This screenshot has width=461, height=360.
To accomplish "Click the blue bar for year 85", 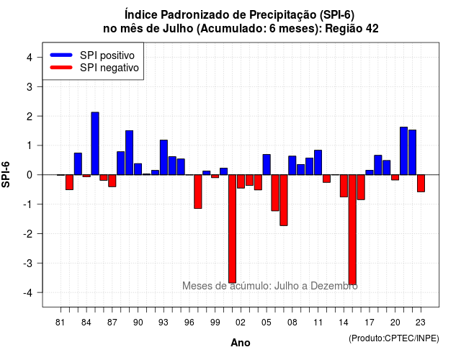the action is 95,143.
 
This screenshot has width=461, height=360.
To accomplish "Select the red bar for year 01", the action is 232,229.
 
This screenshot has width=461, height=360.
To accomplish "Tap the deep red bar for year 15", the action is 352,230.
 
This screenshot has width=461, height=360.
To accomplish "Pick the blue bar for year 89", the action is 130,153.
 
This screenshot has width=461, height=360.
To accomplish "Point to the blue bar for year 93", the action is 164,157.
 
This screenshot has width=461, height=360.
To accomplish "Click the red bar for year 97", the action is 198,192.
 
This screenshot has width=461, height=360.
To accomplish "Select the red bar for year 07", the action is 284,200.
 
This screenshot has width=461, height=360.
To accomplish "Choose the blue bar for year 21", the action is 403,150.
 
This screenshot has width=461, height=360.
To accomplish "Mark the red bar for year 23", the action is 421,183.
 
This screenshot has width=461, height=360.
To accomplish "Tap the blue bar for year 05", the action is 267,165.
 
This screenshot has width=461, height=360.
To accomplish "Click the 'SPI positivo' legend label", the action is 107,55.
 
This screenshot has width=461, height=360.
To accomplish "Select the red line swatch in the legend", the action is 61,68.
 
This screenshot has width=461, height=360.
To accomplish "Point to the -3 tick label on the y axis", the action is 28,263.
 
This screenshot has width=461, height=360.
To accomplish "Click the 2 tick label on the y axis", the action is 30,116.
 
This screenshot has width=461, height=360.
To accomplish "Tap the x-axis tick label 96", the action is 189,323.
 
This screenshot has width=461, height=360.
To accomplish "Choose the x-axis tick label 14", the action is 344,323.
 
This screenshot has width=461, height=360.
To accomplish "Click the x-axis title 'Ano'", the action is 241,343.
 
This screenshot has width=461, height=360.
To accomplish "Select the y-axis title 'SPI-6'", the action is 6,174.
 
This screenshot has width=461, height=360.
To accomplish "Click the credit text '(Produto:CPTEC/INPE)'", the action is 394,338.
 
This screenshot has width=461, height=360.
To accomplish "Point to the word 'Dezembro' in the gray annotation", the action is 334,286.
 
